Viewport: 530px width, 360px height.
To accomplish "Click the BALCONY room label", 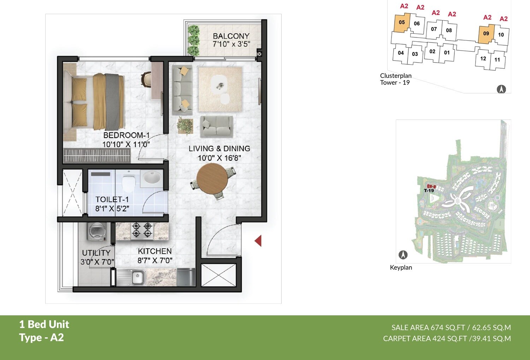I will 231,36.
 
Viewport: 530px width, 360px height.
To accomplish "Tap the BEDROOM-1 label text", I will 126,135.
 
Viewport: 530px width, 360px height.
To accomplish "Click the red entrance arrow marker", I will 258,241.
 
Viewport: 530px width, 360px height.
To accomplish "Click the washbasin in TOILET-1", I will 152,178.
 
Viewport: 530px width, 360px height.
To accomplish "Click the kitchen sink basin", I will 137,277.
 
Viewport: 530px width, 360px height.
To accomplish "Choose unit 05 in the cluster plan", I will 402,23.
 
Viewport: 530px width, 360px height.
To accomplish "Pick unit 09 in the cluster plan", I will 486,34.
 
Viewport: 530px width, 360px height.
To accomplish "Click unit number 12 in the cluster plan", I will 483,59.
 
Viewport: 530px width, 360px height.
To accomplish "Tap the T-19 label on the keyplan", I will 429,191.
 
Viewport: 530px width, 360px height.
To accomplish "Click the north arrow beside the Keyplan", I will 403,255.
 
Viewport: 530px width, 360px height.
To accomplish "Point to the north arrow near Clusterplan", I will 501,89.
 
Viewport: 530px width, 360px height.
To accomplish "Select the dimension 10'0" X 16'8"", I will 219,158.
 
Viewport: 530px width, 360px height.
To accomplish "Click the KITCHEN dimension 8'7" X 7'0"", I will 155,261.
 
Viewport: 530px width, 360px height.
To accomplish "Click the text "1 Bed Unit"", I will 44,324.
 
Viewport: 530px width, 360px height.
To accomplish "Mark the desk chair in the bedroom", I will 146,79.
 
